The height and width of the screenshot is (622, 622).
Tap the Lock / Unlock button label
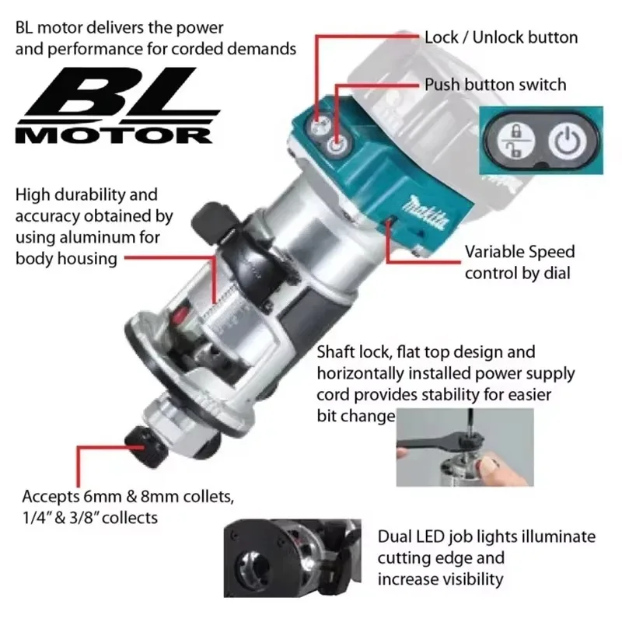coord(501,37)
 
